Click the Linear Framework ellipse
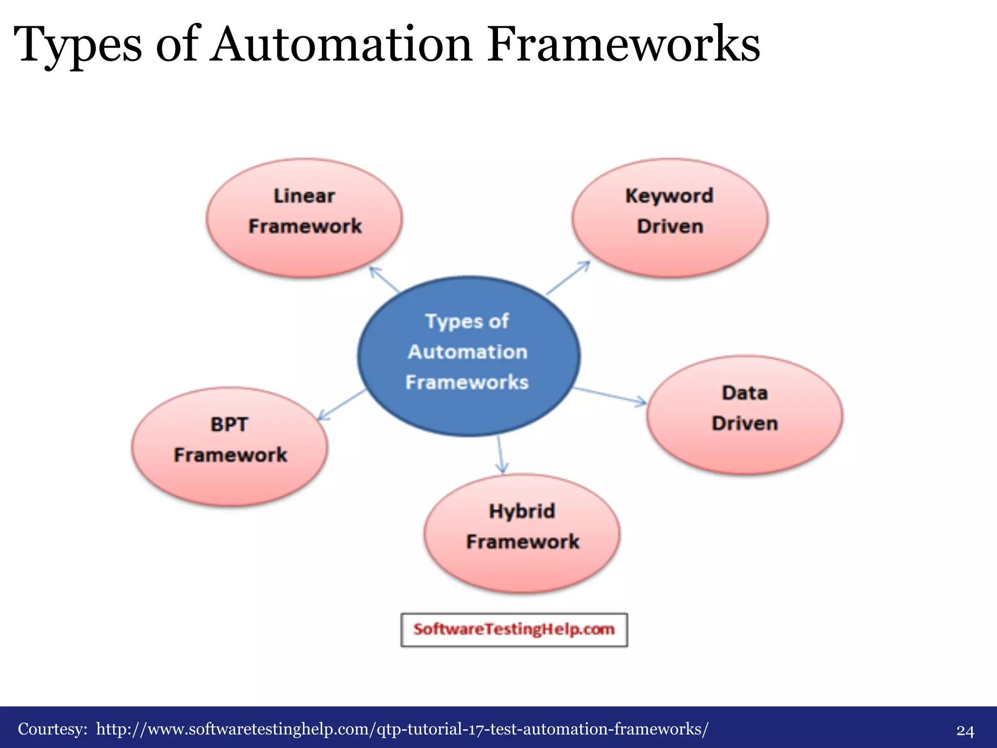(304, 218)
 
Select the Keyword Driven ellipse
(670, 218)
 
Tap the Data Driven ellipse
(745, 414)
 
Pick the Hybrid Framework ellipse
(522, 533)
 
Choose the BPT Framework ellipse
(230, 447)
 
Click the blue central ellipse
(468, 356)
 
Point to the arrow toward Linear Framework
(384, 279)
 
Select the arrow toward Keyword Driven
(568, 278)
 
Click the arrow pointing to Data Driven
(610, 395)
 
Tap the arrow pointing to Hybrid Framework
(500, 455)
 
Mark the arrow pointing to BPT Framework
(341, 405)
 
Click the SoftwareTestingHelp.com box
(514, 630)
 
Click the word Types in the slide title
(78, 45)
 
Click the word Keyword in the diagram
(669, 196)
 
